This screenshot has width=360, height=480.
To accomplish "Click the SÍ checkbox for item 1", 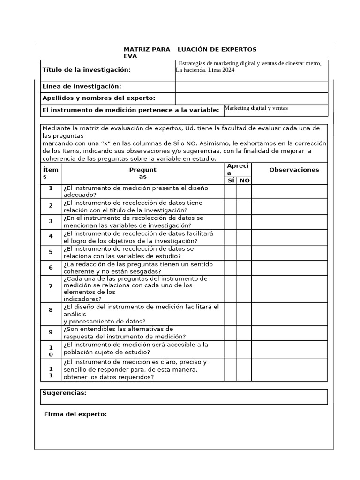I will (x=230, y=191).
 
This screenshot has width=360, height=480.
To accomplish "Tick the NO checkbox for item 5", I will (x=244, y=253).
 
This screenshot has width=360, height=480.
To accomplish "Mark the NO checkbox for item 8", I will (x=244, y=314).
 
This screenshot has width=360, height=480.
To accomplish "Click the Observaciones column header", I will (x=293, y=170).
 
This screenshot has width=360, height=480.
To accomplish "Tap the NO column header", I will (x=244, y=180).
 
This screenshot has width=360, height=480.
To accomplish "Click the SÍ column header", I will (x=231, y=180).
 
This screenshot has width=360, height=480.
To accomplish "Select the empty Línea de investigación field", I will (x=251, y=87).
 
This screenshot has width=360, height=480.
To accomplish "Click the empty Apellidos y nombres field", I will (x=251, y=98).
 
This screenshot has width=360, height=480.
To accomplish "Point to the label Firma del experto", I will (x=75, y=414).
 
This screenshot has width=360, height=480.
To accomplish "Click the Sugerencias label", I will (x=64, y=393).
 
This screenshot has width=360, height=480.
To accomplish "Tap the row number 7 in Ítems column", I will (x=51, y=286).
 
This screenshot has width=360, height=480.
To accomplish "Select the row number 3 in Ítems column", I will (x=51, y=222).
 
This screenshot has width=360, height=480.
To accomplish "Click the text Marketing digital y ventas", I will (x=256, y=108).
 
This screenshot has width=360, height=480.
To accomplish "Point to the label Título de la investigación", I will (x=86, y=70).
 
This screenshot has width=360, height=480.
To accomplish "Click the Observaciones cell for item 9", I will (x=289, y=333).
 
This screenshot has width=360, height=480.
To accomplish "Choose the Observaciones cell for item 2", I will (x=289, y=207).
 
